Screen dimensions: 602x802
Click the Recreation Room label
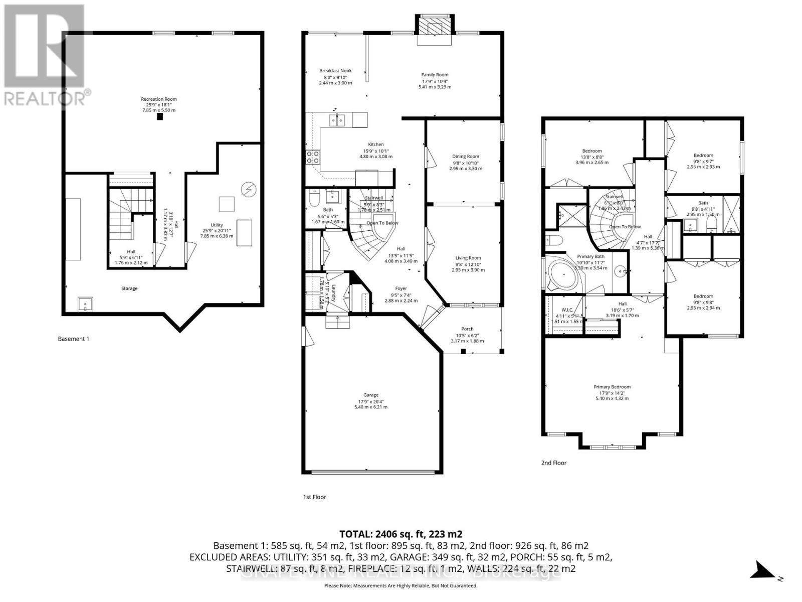click(158, 99)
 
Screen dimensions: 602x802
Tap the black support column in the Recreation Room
click(159, 117)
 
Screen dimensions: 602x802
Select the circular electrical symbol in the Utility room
click(248, 189)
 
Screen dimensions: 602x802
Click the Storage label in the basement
click(129, 288)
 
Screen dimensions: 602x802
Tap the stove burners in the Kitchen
click(313, 157)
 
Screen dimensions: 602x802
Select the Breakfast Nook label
click(335, 71)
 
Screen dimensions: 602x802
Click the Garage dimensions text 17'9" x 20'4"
click(371, 401)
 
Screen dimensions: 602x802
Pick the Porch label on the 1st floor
click(467, 329)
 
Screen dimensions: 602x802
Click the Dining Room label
click(466, 157)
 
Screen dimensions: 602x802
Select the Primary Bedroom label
click(612, 387)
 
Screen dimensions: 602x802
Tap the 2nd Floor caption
click(554, 463)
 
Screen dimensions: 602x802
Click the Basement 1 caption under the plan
click(74, 339)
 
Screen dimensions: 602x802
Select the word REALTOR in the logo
click(44, 98)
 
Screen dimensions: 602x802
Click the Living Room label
click(468, 258)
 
